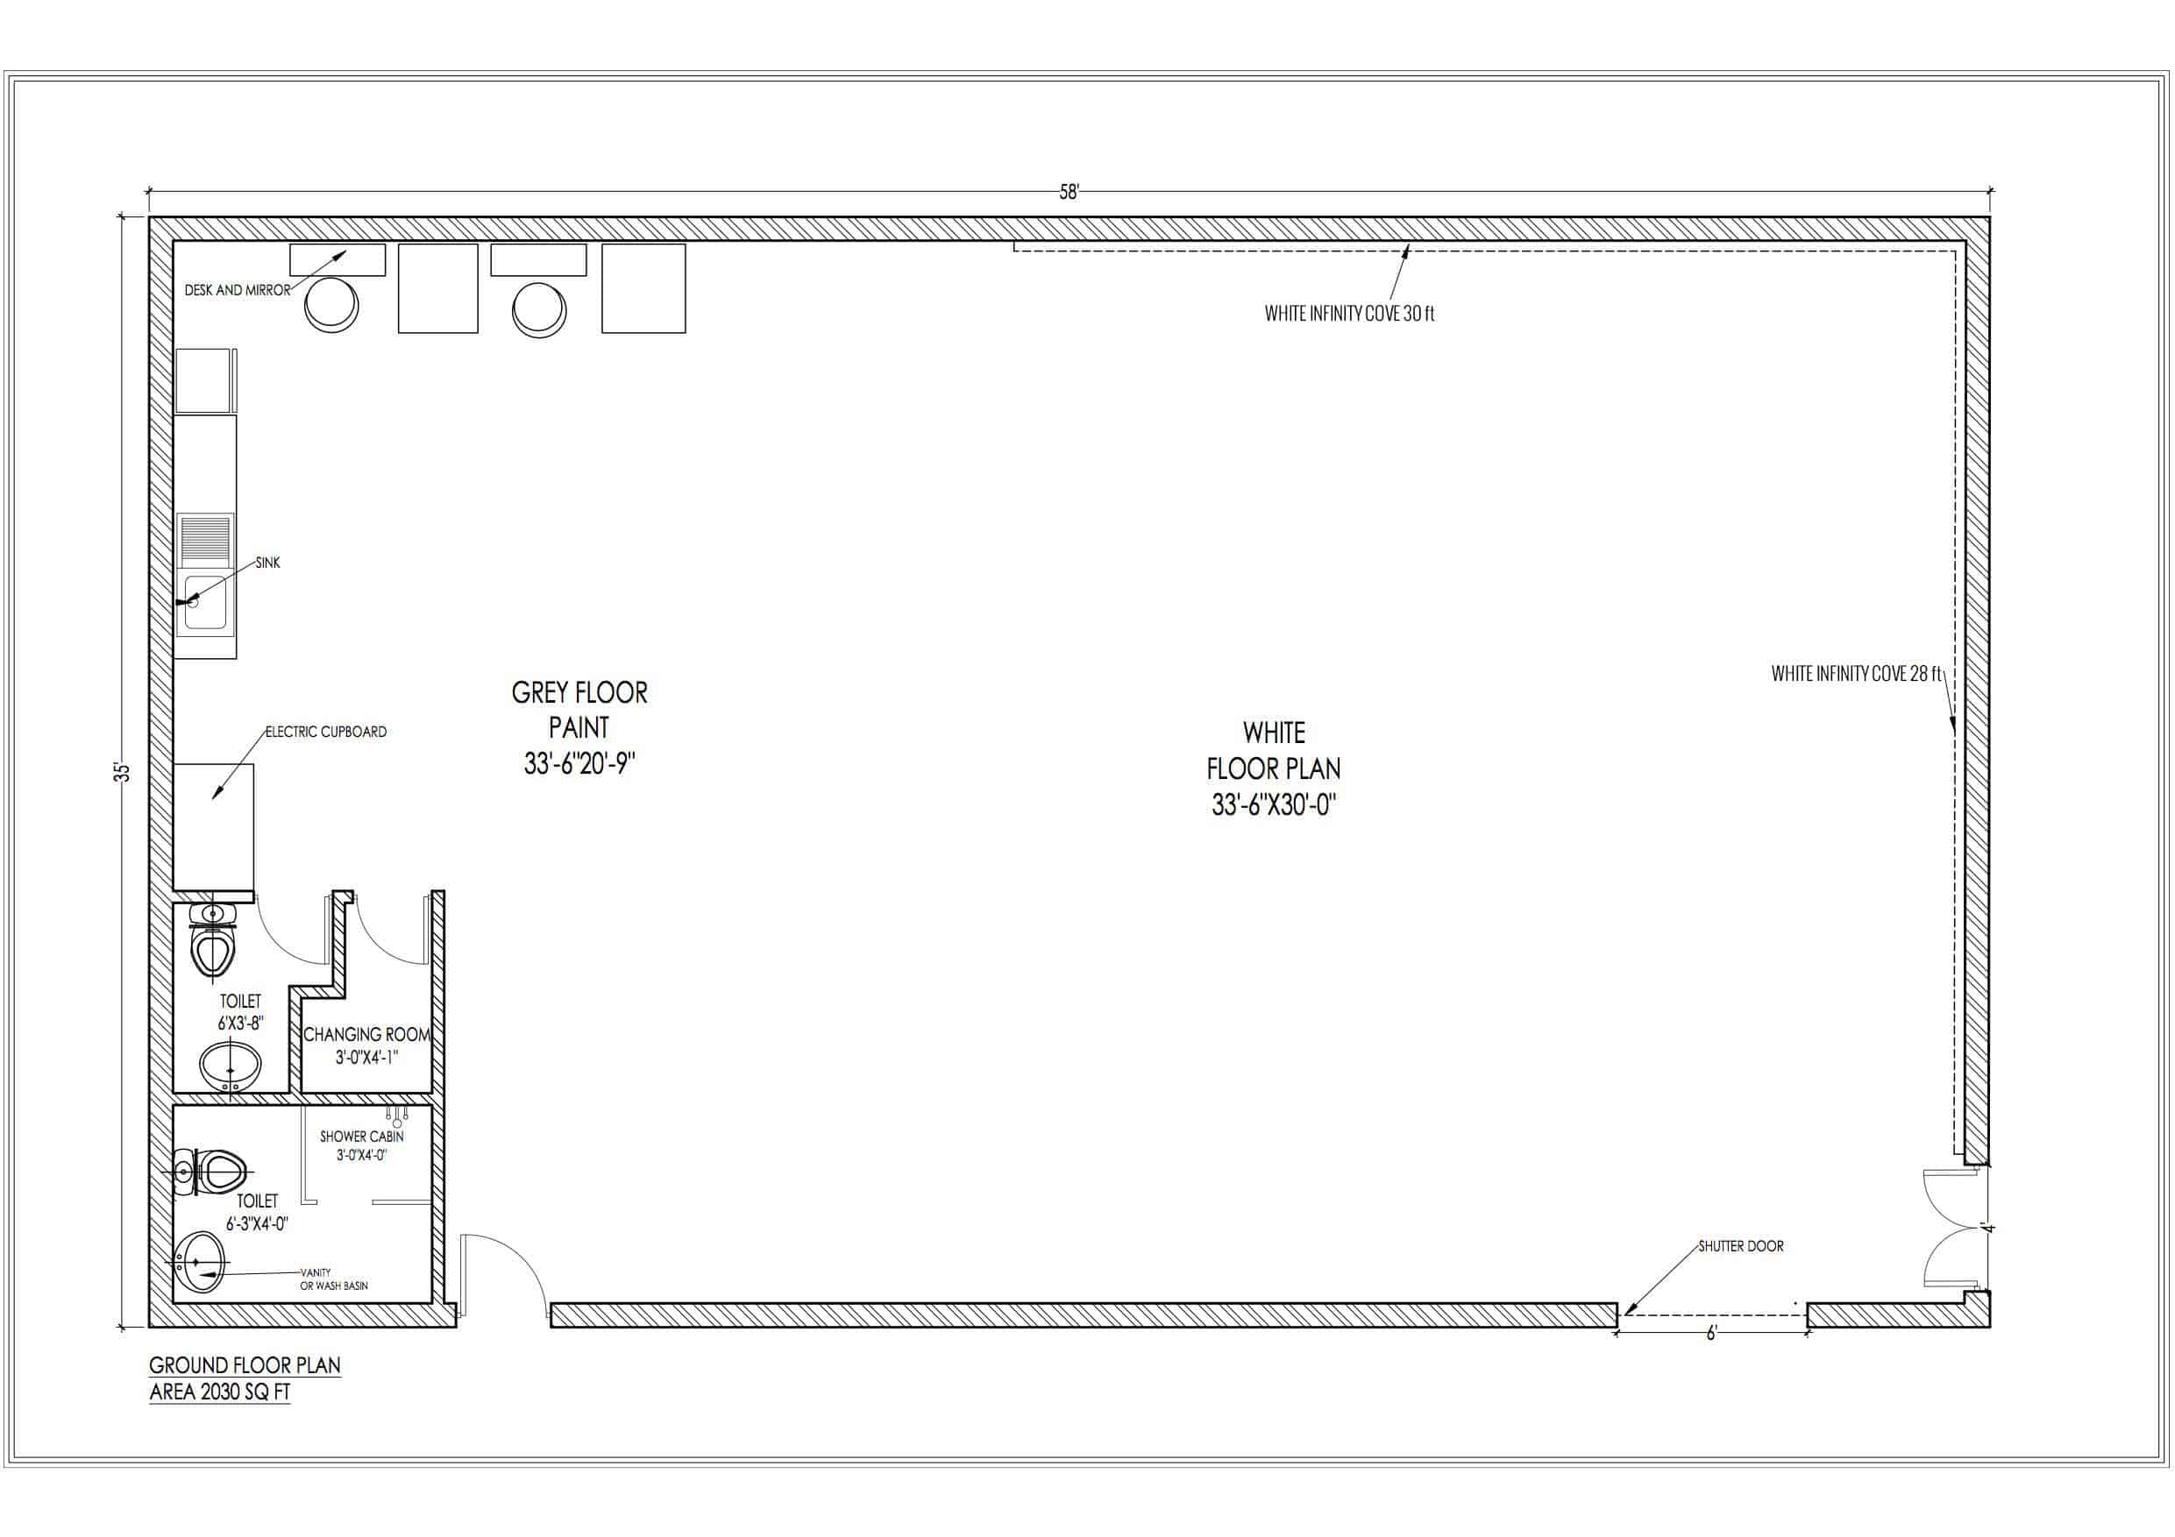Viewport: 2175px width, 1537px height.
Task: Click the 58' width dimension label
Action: click(x=1069, y=192)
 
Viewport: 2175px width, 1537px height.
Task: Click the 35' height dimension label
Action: click(x=121, y=772)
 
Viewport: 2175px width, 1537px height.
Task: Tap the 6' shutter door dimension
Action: click(x=1711, y=1334)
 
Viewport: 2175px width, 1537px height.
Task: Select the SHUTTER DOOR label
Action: click(x=1740, y=1246)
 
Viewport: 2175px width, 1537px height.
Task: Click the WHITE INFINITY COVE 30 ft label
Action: click(x=1349, y=314)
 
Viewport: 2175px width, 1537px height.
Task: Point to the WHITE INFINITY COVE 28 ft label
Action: click(x=1856, y=673)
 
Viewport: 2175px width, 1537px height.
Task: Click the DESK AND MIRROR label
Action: click(x=237, y=291)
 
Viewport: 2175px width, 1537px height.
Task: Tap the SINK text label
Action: click(x=268, y=563)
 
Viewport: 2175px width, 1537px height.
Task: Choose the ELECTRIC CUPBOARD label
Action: click(x=326, y=731)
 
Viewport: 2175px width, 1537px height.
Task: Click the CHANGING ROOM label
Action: click(x=366, y=1034)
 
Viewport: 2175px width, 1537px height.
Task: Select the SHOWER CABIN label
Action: click(x=362, y=1137)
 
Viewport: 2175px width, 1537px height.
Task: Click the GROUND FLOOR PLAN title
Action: click(x=245, y=1364)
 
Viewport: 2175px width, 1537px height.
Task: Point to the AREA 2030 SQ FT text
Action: click(x=220, y=1392)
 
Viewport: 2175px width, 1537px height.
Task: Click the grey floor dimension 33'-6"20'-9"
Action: click(x=579, y=763)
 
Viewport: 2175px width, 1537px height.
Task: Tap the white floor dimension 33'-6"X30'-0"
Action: click(x=1273, y=805)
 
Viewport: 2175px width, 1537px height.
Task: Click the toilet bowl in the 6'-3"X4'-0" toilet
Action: click(x=218, y=1172)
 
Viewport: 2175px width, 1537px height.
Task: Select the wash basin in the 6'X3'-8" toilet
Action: click(x=231, y=1066)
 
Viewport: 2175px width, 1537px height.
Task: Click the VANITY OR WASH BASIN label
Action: click(x=333, y=1279)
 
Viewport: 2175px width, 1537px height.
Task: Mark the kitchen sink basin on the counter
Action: click(x=205, y=601)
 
